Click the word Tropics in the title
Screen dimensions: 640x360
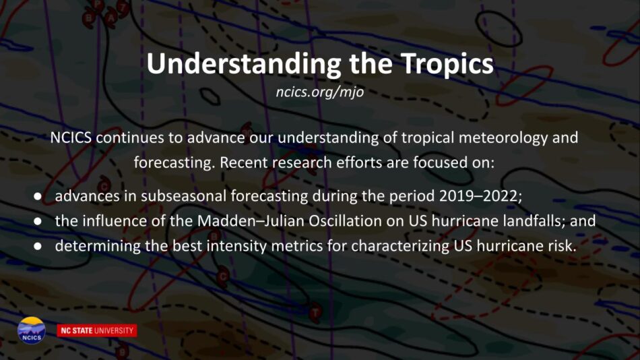(447, 64)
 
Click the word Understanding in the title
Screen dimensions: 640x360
(244, 64)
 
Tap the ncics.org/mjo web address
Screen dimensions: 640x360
(319, 92)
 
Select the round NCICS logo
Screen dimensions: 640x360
(32, 330)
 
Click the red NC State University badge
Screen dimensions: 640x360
(97, 330)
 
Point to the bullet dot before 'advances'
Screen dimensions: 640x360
(38, 196)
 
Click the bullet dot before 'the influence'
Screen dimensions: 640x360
(38, 221)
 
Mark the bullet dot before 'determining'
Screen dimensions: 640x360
(38, 246)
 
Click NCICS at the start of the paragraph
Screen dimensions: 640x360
(71, 138)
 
